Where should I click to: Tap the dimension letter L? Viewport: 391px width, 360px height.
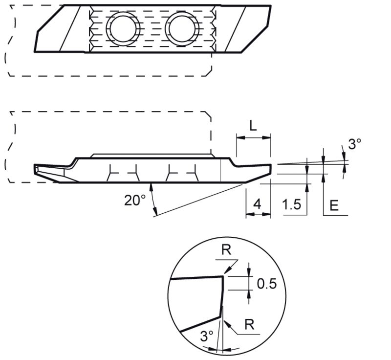pos(252,126)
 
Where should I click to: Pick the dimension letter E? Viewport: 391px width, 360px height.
pos(334,205)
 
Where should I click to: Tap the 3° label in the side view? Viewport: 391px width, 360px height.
pos(354,144)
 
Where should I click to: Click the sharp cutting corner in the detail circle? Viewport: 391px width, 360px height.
pos(223,276)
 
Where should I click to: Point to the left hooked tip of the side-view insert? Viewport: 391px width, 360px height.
pos(36,169)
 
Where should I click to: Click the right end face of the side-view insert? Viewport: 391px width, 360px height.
pos(270,169)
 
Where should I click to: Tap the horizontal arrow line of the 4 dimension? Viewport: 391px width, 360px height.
pos(258,215)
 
